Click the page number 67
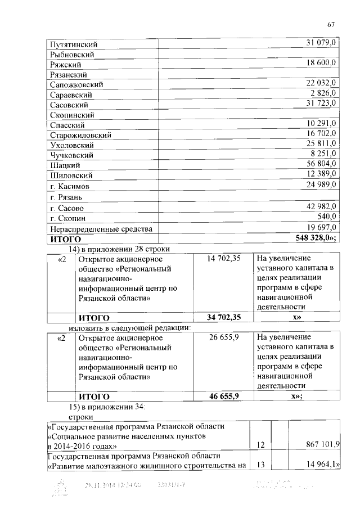tap(331, 24)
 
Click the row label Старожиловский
tap(80, 135)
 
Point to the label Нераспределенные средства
tap(101, 228)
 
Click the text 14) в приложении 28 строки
tap(119, 249)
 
